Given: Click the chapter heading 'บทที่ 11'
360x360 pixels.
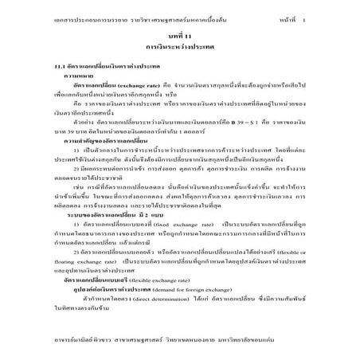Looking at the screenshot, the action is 180,37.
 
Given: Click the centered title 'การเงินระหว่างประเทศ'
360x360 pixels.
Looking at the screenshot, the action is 180,49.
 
